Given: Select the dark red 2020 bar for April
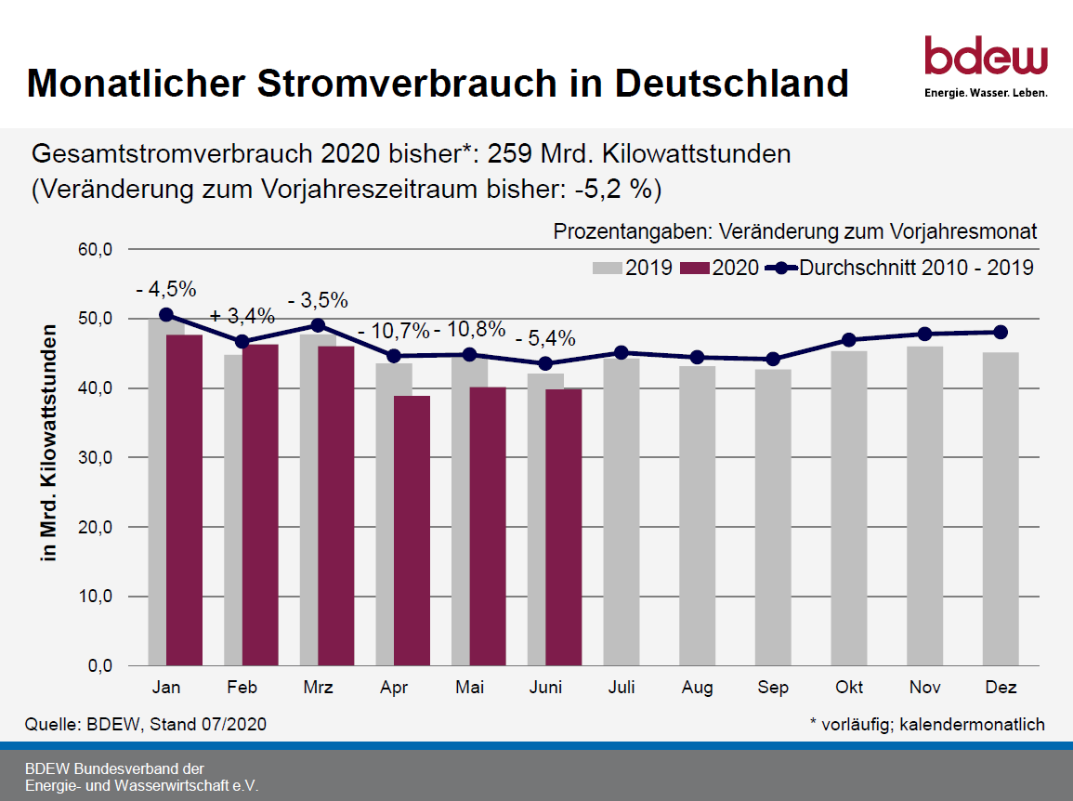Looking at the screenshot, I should click(x=412, y=531).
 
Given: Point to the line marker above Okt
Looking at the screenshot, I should click(x=849, y=339).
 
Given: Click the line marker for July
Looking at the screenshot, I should click(x=622, y=352).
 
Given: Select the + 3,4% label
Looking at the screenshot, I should click(x=242, y=316).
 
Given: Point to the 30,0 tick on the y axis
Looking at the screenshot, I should click(x=94, y=457).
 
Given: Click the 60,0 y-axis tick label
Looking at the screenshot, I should click(x=94, y=249).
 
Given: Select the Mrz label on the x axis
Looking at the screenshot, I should click(x=318, y=688).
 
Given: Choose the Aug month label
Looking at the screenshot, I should click(x=697, y=688).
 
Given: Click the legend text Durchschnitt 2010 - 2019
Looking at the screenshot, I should click(x=916, y=268).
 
